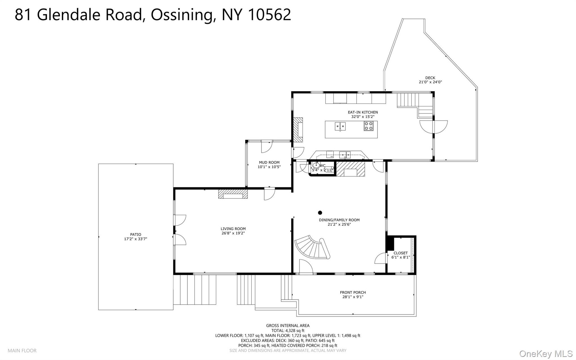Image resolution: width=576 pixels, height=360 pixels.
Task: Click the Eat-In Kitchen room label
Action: pyautogui.click(x=363, y=112)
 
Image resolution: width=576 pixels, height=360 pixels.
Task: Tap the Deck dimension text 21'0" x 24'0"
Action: pyautogui.click(x=430, y=82)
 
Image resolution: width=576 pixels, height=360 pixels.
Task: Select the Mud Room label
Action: pyautogui.click(x=269, y=162)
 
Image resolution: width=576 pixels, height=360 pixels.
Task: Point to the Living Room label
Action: pyautogui.click(x=233, y=229)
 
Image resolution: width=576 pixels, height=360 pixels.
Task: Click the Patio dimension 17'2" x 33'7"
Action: pyautogui.click(x=136, y=239)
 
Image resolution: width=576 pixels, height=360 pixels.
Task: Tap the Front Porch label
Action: pyautogui.click(x=353, y=292)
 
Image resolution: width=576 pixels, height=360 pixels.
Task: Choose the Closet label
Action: pyautogui.click(x=400, y=253)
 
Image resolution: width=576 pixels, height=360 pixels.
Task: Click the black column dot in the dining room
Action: pyautogui.click(x=320, y=213)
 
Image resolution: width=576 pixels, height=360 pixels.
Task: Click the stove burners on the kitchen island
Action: pyautogui.click(x=369, y=126)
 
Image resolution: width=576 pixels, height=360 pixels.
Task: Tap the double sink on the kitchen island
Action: pyautogui.click(x=340, y=126)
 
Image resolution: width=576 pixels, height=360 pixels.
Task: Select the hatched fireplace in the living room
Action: pyautogui.click(x=233, y=194)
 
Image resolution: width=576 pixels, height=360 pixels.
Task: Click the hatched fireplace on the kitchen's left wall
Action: pyautogui.click(x=298, y=130)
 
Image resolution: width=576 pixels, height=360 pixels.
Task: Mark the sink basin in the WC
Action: pyautogui.click(x=316, y=165)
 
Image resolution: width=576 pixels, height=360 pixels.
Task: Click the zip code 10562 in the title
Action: pyautogui.click(x=269, y=15)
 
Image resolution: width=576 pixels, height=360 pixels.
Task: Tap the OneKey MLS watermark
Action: pyautogui.click(x=546, y=354)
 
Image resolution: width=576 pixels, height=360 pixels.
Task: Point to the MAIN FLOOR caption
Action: pyautogui.click(x=22, y=351)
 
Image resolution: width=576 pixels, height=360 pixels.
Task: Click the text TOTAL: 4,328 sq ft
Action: pyautogui.click(x=288, y=331)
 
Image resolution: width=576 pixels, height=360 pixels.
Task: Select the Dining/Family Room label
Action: pyautogui.click(x=339, y=220)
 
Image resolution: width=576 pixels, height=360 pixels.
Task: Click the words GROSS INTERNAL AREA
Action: pyautogui.click(x=288, y=326)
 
